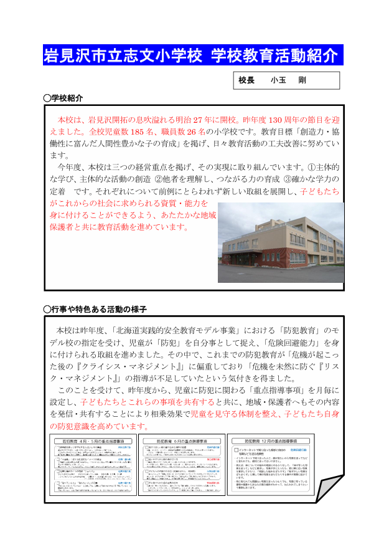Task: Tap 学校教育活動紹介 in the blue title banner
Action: [274, 55]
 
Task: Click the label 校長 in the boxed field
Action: [246, 81]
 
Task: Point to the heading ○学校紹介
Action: [63, 98]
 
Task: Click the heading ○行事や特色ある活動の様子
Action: [95, 310]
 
